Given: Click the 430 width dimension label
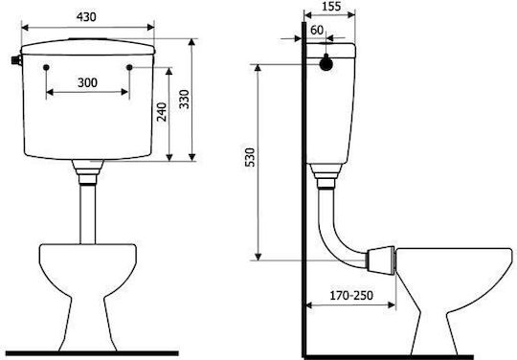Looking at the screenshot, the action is point(86,17).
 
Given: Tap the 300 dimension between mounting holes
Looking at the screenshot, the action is point(87,82).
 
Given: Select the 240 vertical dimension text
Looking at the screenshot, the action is point(162,112).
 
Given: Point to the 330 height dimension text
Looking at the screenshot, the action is point(184,99).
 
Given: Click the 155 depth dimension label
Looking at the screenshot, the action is point(331,6).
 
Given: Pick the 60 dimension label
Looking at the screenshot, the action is point(317,30).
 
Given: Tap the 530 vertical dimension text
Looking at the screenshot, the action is point(251,157).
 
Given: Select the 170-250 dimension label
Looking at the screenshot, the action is point(351,296).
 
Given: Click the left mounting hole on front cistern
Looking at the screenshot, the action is point(46,68).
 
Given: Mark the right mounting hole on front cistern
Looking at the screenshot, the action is point(129,68).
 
